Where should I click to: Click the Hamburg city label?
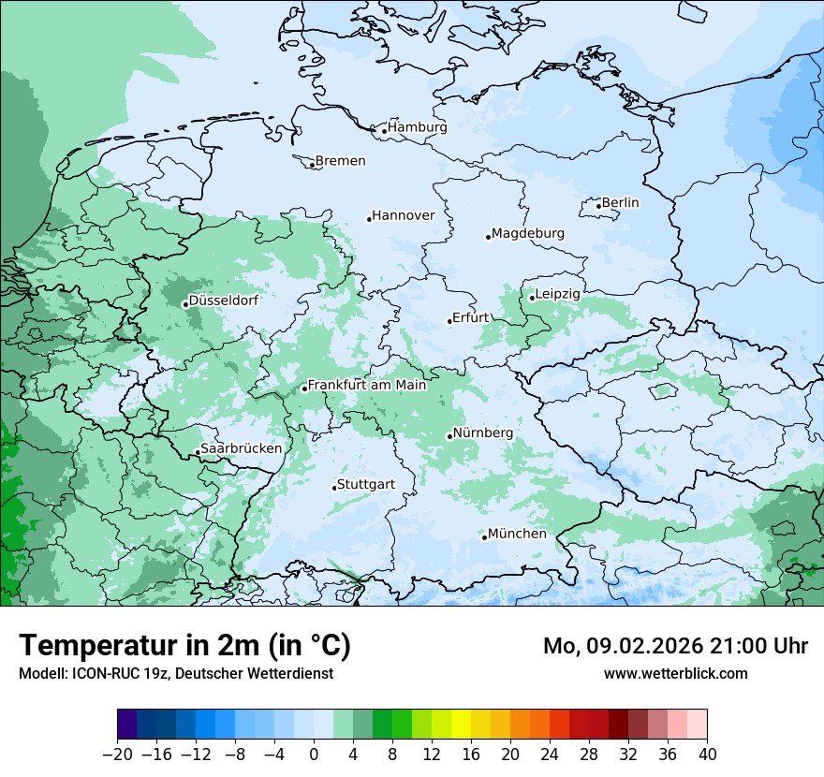click(x=418, y=127)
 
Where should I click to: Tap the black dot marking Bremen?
click(x=312, y=165)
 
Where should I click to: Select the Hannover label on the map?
click(x=404, y=216)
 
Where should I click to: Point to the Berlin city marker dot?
click(x=598, y=206)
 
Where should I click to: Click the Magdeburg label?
click(x=527, y=233)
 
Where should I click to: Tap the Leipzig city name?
click(x=557, y=294)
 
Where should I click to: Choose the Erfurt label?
click(x=471, y=317)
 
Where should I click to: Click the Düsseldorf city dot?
click(x=185, y=304)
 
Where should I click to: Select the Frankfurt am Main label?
click(x=367, y=385)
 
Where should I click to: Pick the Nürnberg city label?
click(x=482, y=433)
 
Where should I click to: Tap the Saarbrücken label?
click(x=241, y=448)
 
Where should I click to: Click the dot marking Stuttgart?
click(x=334, y=488)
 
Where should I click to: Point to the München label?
click(x=517, y=534)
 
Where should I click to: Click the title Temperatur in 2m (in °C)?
click(x=184, y=645)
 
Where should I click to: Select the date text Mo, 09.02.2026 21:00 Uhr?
click(x=675, y=646)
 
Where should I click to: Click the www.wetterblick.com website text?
click(x=675, y=673)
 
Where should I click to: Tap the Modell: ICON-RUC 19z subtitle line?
click(x=175, y=673)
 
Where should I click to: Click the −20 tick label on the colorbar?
click(x=117, y=755)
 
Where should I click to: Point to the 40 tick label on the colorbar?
click(x=707, y=755)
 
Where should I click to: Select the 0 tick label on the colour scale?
click(x=314, y=755)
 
